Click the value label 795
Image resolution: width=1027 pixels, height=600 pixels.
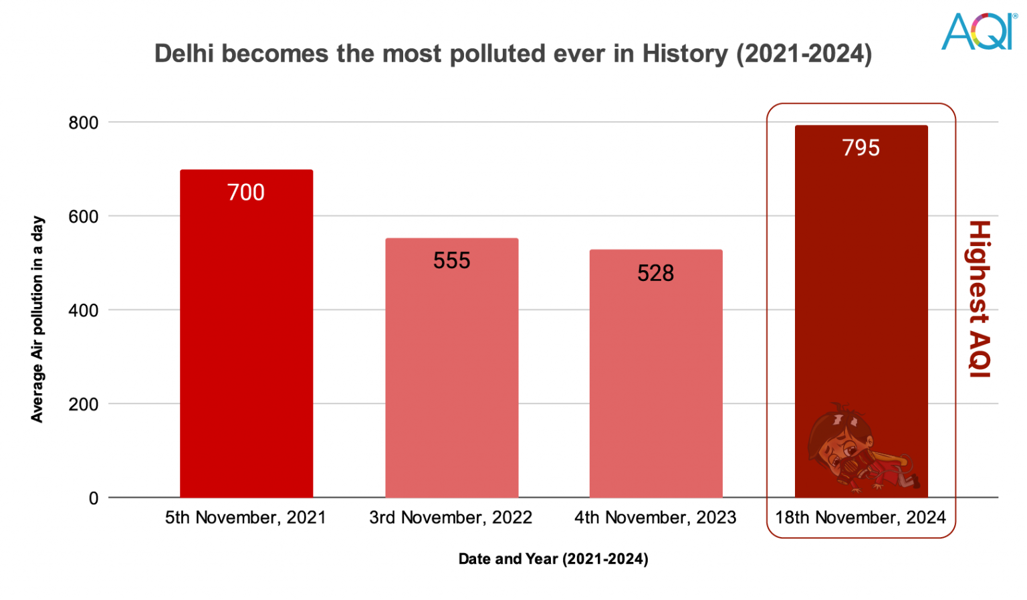[x=861, y=148]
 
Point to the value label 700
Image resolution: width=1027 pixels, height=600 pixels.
[x=246, y=193]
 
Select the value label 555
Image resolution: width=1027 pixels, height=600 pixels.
[x=451, y=261]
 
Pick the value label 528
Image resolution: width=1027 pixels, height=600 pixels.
[x=655, y=274]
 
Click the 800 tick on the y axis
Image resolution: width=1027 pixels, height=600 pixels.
[x=84, y=123]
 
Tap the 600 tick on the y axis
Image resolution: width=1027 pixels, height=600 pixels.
[x=84, y=217]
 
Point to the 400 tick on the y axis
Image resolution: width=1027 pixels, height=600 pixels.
[x=84, y=310]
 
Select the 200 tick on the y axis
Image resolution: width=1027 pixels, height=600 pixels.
[x=84, y=405]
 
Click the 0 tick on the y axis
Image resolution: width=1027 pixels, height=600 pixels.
[x=94, y=498]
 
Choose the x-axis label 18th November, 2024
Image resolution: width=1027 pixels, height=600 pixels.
[x=861, y=518]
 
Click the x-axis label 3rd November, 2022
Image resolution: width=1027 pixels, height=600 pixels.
[x=451, y=518]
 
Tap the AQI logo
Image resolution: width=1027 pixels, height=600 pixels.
[x=978, y=31]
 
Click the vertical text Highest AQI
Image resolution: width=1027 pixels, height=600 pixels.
[x=979, y=299]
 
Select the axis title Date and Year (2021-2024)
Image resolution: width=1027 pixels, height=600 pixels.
[x=553, y=559]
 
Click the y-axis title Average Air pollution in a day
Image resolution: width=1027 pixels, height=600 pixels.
[x=37, y=319]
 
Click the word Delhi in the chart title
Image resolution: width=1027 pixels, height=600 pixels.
[x=184, y=54]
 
